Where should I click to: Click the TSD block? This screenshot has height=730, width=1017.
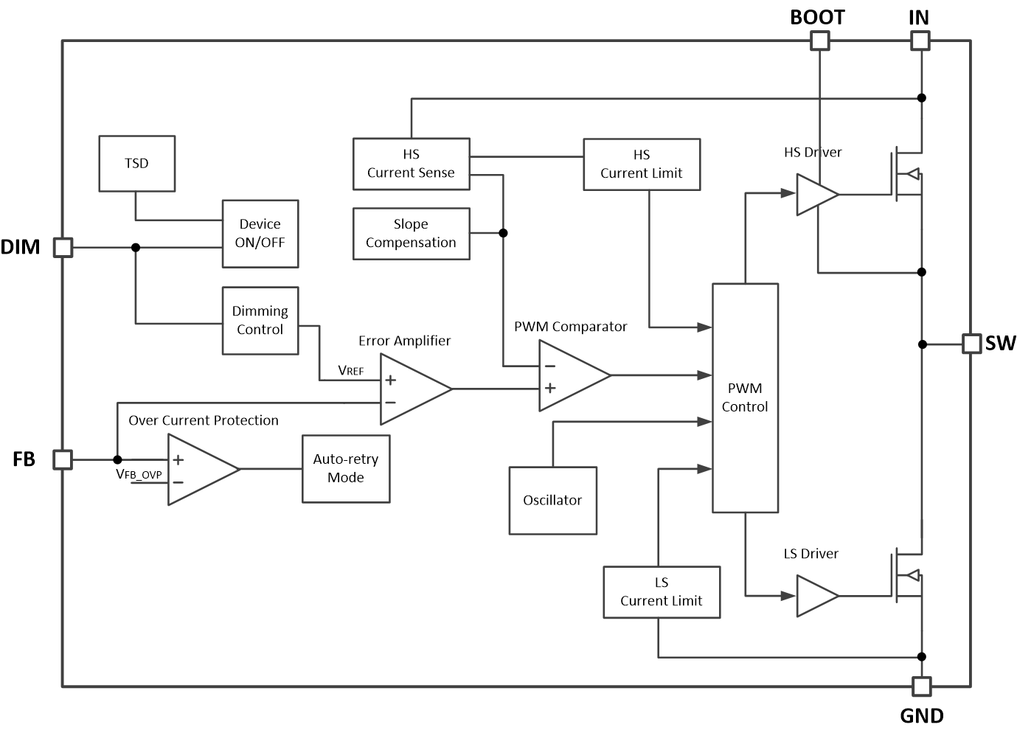(x=136, y=164)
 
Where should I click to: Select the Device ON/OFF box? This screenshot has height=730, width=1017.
(x=260, y=233)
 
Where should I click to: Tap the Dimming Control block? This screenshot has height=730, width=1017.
(x=260, y=320)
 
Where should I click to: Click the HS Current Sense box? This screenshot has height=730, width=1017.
(x=411, y=164)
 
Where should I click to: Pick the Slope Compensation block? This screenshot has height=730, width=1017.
(x=411, y=233)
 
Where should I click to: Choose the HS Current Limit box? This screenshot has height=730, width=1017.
(x=642, y=164)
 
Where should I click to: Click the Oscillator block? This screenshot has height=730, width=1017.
(x=552, y=500)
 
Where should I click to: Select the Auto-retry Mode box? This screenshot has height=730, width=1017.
(x=346, y=468)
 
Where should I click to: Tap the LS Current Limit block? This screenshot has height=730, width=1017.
(x=662, y=591)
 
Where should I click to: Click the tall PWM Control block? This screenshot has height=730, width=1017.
(x=745, y=397)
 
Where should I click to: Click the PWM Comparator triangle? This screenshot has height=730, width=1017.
(x=569, y=375)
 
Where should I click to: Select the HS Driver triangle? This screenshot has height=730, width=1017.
(x=814, y=195)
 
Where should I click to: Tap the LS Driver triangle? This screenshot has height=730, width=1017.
(x=814, y=595)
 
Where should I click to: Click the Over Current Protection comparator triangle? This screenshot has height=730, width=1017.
(x=198, y=469)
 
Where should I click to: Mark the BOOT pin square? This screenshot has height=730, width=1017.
(x=819, y=41)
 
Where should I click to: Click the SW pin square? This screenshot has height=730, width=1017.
(x=971, y=344)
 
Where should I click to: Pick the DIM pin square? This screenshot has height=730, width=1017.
(x=63, y=247)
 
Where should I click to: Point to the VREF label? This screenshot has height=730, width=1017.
(x=350, y=370)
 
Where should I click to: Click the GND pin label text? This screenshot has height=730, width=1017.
(x=922, y=715)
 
